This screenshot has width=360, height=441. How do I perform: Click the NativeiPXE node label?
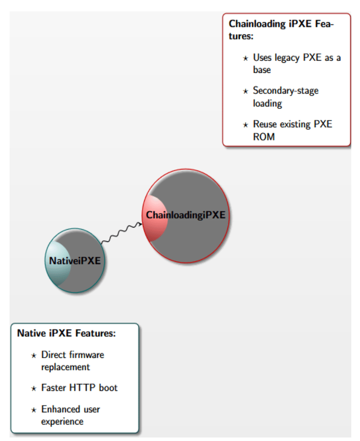tap(75, 261)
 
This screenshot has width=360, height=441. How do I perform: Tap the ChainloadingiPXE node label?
tap(186, 215)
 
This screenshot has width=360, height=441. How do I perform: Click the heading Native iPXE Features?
tap(66, 333)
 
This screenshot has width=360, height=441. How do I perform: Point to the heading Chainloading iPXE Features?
tap(281, 30)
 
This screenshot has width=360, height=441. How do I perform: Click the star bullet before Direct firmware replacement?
tap(34, 356)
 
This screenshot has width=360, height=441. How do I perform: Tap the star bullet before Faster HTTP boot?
tap(34, 389)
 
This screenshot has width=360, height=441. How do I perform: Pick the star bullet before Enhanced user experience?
tap(34, 410)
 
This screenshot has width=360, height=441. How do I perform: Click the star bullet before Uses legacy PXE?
tap(245, 58)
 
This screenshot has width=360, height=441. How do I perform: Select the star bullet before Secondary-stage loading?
tap(245, 92)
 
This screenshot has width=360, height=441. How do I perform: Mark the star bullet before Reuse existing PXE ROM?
tap(245, 125)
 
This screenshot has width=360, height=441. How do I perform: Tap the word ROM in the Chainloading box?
tap(264, 137)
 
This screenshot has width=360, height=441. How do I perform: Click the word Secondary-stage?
tap(286, 91)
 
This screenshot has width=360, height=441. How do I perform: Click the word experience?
tap(62, 422)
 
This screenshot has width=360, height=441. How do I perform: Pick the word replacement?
tap(65, 367)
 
